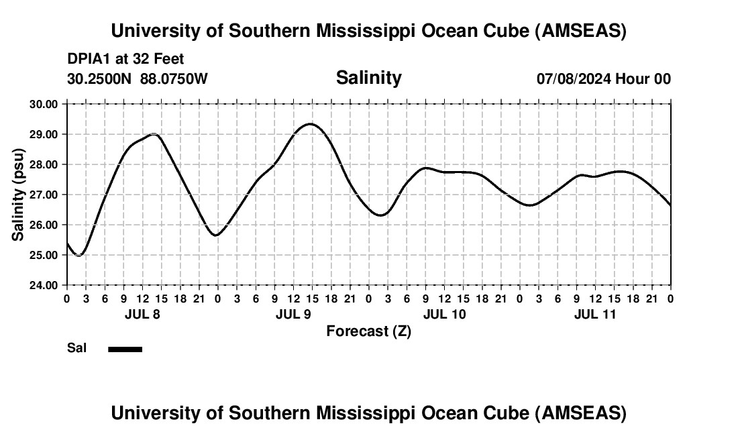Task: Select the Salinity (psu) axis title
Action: click(x=19, y=195)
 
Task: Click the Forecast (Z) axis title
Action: click(x=368, y=331)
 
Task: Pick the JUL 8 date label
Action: click(x=142, y=314)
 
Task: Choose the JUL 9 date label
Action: click(x=293, y=314)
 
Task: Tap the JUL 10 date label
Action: click(x=444, y=314)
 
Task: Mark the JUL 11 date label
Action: click(x=595, y=314)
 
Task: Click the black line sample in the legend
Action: click(x=125, y=349)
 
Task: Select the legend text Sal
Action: click(x=76, y=348)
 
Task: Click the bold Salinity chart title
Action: click(x=368, y=78)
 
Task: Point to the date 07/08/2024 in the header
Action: click(x=574, y=79)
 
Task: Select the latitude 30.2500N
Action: click(x=100, y=79)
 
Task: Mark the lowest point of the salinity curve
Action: click(x=79, y=255)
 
